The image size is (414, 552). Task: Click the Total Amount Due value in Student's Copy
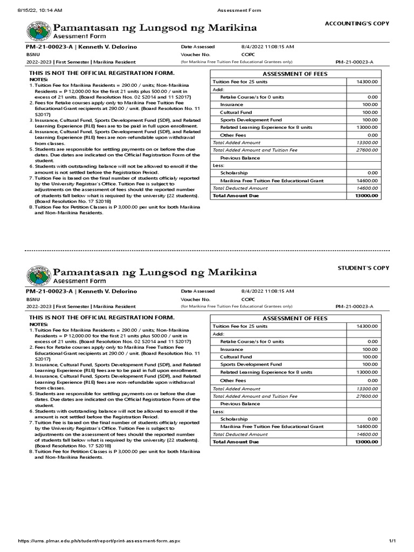(367, 441)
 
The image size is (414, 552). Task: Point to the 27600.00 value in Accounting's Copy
(367, 150)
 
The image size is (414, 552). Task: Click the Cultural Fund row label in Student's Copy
(236, 357)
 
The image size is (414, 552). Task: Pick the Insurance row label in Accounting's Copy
(231, 105)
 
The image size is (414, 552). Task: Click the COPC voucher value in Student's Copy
(249, 299)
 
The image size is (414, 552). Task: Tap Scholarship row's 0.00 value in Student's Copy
(372, 419)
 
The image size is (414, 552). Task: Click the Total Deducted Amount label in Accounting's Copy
(240, 188)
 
